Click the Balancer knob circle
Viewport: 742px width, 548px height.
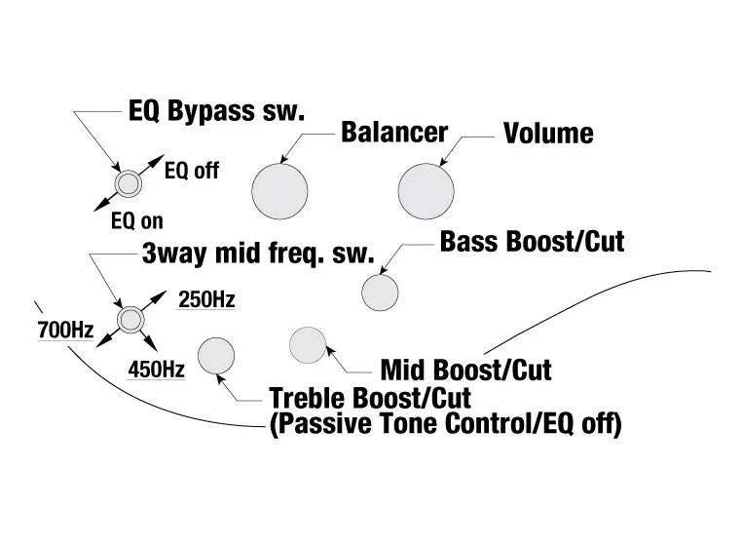(279, 189)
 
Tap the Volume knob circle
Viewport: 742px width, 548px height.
(426, 189)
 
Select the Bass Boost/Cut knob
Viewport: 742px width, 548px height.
(380, 292)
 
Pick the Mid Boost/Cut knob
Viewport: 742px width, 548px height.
(308, 343)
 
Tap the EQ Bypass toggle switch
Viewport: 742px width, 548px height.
(127, 182)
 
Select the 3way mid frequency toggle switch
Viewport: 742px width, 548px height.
(129, 318)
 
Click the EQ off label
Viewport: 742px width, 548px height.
(192, 172)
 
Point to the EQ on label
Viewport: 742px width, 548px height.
(136, 221)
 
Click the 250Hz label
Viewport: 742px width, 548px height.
(206, 299)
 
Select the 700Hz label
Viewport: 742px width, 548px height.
(64, 331)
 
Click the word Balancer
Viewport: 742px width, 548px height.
(393, 133)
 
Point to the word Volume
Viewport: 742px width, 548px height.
(548, 133)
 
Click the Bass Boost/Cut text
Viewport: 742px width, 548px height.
(532, 241)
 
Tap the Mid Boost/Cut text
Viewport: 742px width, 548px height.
(465, 371)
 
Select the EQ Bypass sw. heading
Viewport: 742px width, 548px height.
(216, 110)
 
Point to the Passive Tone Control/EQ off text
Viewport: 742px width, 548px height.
(445, 425)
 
